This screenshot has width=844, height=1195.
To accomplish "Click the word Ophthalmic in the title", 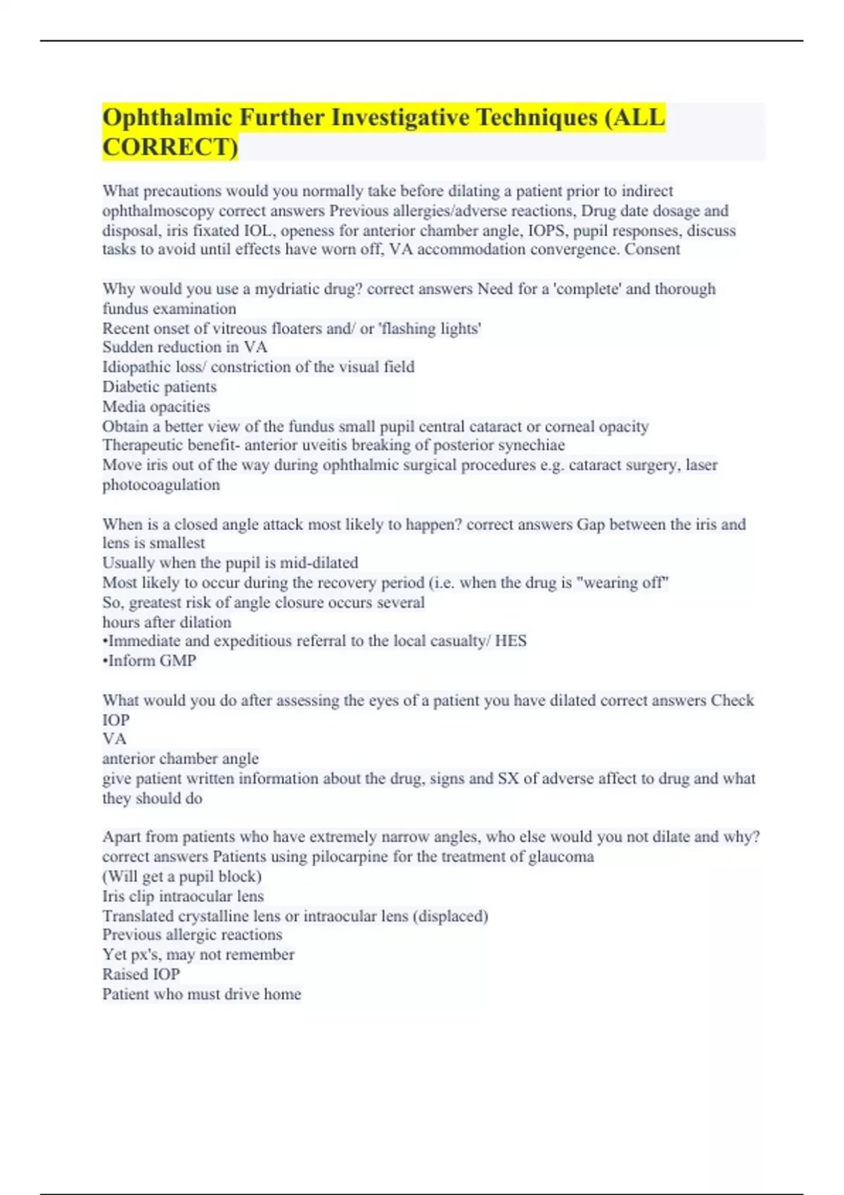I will [167, 117].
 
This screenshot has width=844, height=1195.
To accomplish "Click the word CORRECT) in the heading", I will [170, 147].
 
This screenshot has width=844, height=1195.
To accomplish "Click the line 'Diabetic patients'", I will [160, 387].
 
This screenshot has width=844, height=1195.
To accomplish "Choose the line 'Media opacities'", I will [156, 406].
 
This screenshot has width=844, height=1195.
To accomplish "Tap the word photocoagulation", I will [161, 484].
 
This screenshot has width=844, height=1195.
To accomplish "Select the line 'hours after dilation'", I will [167, 622].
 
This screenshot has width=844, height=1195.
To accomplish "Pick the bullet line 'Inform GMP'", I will [151, 661].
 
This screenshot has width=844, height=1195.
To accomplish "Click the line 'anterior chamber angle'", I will [180, 758].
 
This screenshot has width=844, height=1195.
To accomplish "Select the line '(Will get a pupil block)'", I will [182, 877].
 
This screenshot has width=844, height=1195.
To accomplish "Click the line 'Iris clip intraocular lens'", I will [183, 896].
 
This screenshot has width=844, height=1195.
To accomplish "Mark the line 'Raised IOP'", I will [141, 974].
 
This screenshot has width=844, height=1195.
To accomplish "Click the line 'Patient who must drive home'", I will [202, 994].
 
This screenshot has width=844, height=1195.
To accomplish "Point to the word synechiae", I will [531, 446].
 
